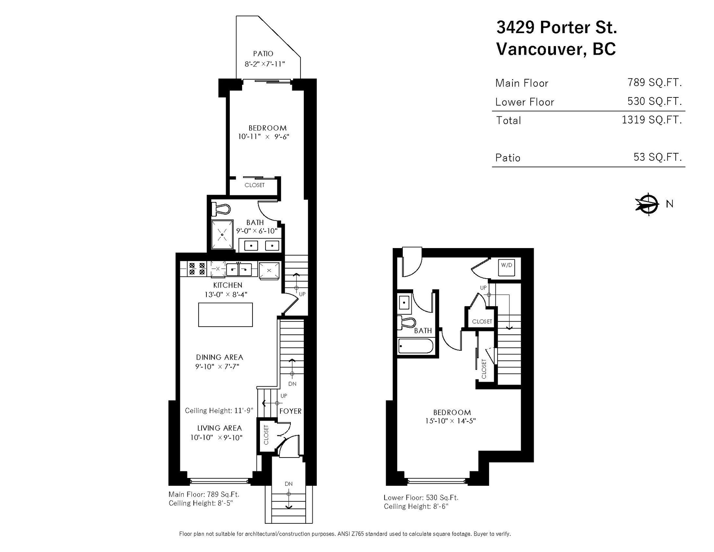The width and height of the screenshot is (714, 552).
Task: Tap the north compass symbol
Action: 648,204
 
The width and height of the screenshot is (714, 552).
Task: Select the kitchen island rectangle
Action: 225,315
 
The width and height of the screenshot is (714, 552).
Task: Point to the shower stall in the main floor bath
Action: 222,235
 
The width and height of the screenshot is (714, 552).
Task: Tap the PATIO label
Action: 263,54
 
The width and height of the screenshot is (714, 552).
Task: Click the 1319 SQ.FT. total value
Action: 652,119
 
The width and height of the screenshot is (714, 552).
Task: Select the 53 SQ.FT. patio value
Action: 658,157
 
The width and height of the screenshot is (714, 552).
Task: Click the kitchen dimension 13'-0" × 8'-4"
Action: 226,295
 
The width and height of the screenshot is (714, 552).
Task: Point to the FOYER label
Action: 290,411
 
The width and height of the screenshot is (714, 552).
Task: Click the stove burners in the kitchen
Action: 197,269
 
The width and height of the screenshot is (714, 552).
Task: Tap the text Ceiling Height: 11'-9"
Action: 219,411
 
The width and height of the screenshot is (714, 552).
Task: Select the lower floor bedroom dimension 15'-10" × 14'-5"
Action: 451,421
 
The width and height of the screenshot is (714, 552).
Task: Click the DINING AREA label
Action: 219,357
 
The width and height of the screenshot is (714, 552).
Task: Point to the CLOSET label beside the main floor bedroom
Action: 255,185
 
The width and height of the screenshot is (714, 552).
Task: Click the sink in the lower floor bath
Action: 404,302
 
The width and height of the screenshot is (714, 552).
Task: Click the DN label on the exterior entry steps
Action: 289,484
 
